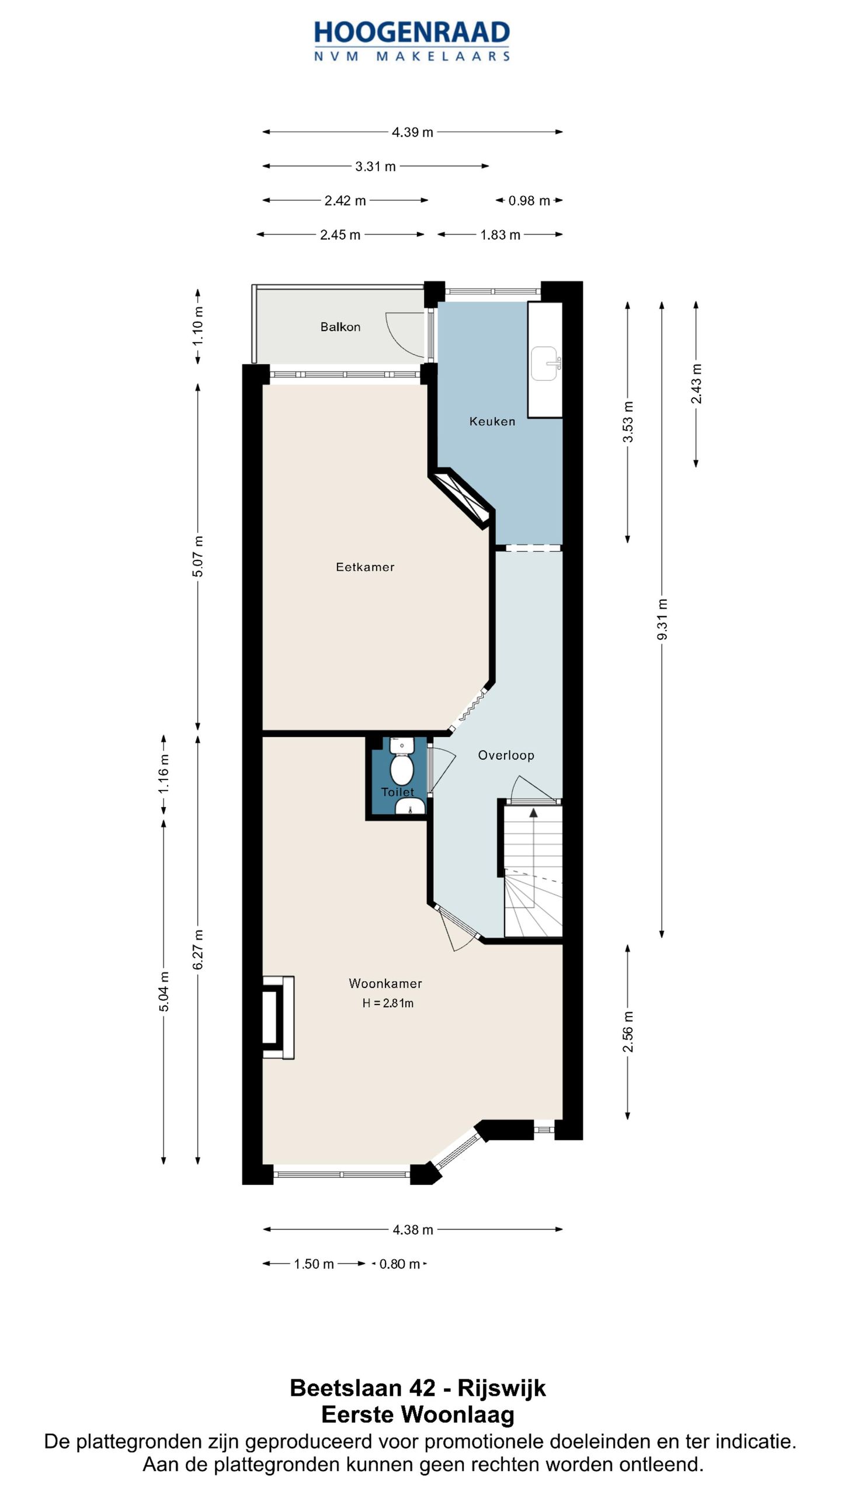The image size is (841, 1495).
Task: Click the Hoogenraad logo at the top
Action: click(412, 41)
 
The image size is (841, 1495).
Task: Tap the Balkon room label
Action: click(340, 327)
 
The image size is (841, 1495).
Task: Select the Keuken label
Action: click(492, 421)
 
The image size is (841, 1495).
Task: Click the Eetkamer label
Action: click(365, 566)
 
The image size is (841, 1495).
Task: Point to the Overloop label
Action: click(506, 755)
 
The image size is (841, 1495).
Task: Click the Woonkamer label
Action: click(385, 983)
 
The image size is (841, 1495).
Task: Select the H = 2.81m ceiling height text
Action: click(388, 1003)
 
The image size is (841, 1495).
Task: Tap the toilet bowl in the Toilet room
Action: click(402, 770)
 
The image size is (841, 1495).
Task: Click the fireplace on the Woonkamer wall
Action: click(278, 1017)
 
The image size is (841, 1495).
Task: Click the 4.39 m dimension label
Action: click(412, 133)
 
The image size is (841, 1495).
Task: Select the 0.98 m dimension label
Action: click(529, 201)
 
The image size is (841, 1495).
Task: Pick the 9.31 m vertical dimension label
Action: click(662, 619)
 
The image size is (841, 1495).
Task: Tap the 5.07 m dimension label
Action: click(198, 556)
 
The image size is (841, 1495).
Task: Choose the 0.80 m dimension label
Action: click(399, 1264)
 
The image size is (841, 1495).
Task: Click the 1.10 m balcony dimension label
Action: click(198, 325)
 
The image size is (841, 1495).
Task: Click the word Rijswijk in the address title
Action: click(502, 1388)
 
